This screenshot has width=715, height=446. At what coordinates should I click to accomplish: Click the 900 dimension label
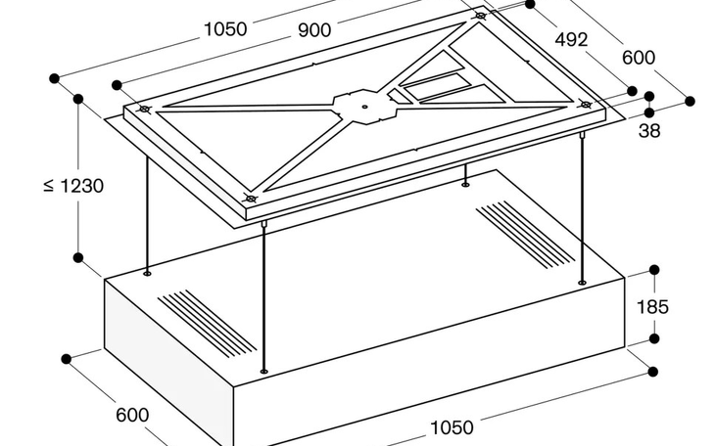coord(314,30)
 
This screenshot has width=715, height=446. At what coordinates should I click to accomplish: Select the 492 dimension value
coord(571,40)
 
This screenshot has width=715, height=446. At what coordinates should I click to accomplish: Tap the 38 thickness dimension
coord(649,131)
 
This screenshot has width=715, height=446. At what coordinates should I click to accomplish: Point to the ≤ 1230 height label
coord(73,186)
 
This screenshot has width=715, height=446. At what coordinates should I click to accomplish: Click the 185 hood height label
coord(652,307)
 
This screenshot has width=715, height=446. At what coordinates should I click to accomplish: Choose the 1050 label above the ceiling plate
coord(225,29)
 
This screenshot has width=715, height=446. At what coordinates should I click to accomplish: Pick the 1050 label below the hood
coord(452,427)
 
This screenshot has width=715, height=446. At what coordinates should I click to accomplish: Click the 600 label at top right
coord(639,58)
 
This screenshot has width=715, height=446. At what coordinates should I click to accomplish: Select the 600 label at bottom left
coord(132,415)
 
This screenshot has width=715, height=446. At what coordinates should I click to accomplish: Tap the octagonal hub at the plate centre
coord(364,107)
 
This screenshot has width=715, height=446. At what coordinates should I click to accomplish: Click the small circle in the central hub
coord(364,107)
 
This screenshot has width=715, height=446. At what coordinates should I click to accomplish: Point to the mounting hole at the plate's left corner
coord(145,110)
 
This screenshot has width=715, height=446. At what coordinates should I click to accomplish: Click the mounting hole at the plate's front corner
coord(251,199)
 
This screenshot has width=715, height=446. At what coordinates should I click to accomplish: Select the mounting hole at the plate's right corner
coord(585,105)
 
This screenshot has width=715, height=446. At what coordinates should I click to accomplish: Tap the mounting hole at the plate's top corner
coord(480,16)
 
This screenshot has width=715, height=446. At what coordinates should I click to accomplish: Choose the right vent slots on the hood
coord(525,235)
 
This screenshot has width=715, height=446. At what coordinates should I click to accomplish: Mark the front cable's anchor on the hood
coord(263,372)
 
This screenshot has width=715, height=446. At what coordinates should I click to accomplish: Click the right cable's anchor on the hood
coord(582,283)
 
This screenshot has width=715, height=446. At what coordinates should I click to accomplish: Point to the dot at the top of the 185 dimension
coord(654,270)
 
